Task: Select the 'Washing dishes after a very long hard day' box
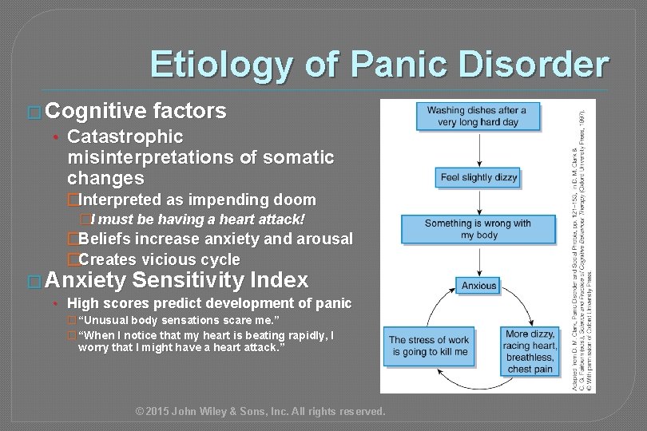[477, 117]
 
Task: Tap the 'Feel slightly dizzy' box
[477, 177]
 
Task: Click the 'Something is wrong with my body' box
[477, 230]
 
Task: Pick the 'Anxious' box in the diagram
[478, 285]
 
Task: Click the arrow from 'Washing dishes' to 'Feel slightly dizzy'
[477, 148]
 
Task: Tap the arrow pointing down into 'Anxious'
[478, 260]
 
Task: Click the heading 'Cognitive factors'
[136, 111]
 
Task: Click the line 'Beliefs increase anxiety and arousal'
[215, 239]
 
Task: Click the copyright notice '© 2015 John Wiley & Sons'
[260, 411]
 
